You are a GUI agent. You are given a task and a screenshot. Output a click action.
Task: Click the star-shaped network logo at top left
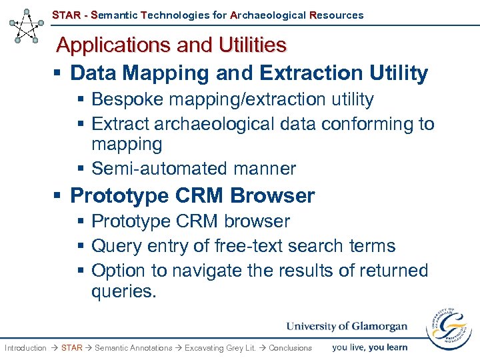tap(27, 26)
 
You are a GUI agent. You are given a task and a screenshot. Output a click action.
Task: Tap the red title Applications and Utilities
tap(171, 45)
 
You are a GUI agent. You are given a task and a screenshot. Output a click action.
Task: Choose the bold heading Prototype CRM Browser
tap(192, 195)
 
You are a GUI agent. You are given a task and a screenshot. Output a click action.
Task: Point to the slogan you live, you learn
tap(369, 347)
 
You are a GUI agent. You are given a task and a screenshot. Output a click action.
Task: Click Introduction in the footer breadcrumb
tap(25, 348)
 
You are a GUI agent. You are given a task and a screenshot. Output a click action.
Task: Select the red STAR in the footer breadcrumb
tap(71, 348)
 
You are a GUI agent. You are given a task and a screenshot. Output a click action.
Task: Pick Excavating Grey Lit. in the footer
tap(220, 348)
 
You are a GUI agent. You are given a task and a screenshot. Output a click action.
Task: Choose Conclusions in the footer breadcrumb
tap(290, 348)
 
